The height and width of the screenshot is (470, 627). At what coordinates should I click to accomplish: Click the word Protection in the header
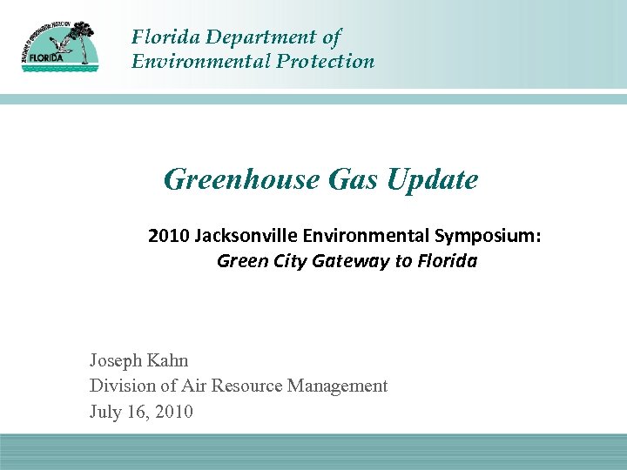coord(326,61)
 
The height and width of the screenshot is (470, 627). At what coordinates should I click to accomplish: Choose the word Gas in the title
coord(354,179)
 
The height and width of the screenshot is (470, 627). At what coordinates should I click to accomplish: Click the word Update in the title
coord(433,179)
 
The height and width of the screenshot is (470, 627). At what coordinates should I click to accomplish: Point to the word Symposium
coord(492,236)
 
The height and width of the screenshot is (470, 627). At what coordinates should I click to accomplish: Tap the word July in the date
coord(106,412)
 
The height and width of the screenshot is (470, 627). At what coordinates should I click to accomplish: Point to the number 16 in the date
coord(139,412)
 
